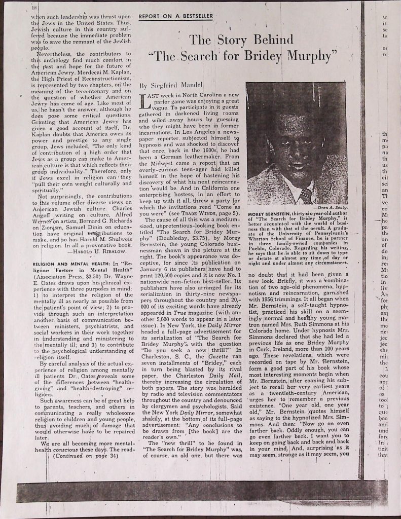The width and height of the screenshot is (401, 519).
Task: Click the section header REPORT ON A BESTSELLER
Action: [x=176, y=16]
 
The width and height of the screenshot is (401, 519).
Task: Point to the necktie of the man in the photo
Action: [x=306, y=195]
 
